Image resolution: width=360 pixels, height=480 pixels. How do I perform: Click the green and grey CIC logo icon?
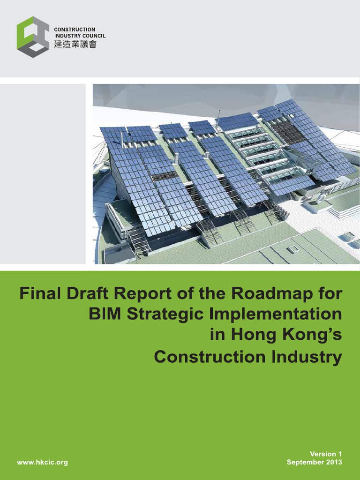tap(33, 37)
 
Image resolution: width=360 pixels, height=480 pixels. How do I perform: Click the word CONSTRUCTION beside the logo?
tap(75, 30)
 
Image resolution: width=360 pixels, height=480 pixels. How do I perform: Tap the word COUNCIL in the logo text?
tap(93, 36)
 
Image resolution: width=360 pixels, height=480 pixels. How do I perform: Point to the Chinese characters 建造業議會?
tap(75, 45)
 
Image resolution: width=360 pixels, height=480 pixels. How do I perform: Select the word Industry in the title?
tap(307, 357)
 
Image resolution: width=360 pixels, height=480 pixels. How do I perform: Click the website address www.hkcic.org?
tap(42, 462)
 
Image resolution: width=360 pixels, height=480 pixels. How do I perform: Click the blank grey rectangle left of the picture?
tap(43, 173)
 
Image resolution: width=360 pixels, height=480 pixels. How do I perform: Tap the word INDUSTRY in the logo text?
tap(66, 36)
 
